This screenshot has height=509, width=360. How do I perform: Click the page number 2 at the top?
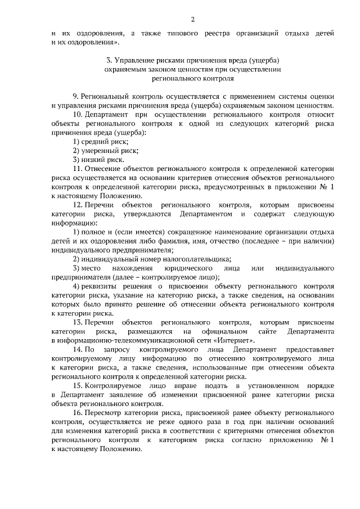(x=192, y=20)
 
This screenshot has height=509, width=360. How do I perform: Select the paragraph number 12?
(x=78, y=205)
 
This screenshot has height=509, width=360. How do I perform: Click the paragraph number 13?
(x=78, y=323)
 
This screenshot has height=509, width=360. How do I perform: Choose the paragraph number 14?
(x=78, y=350)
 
